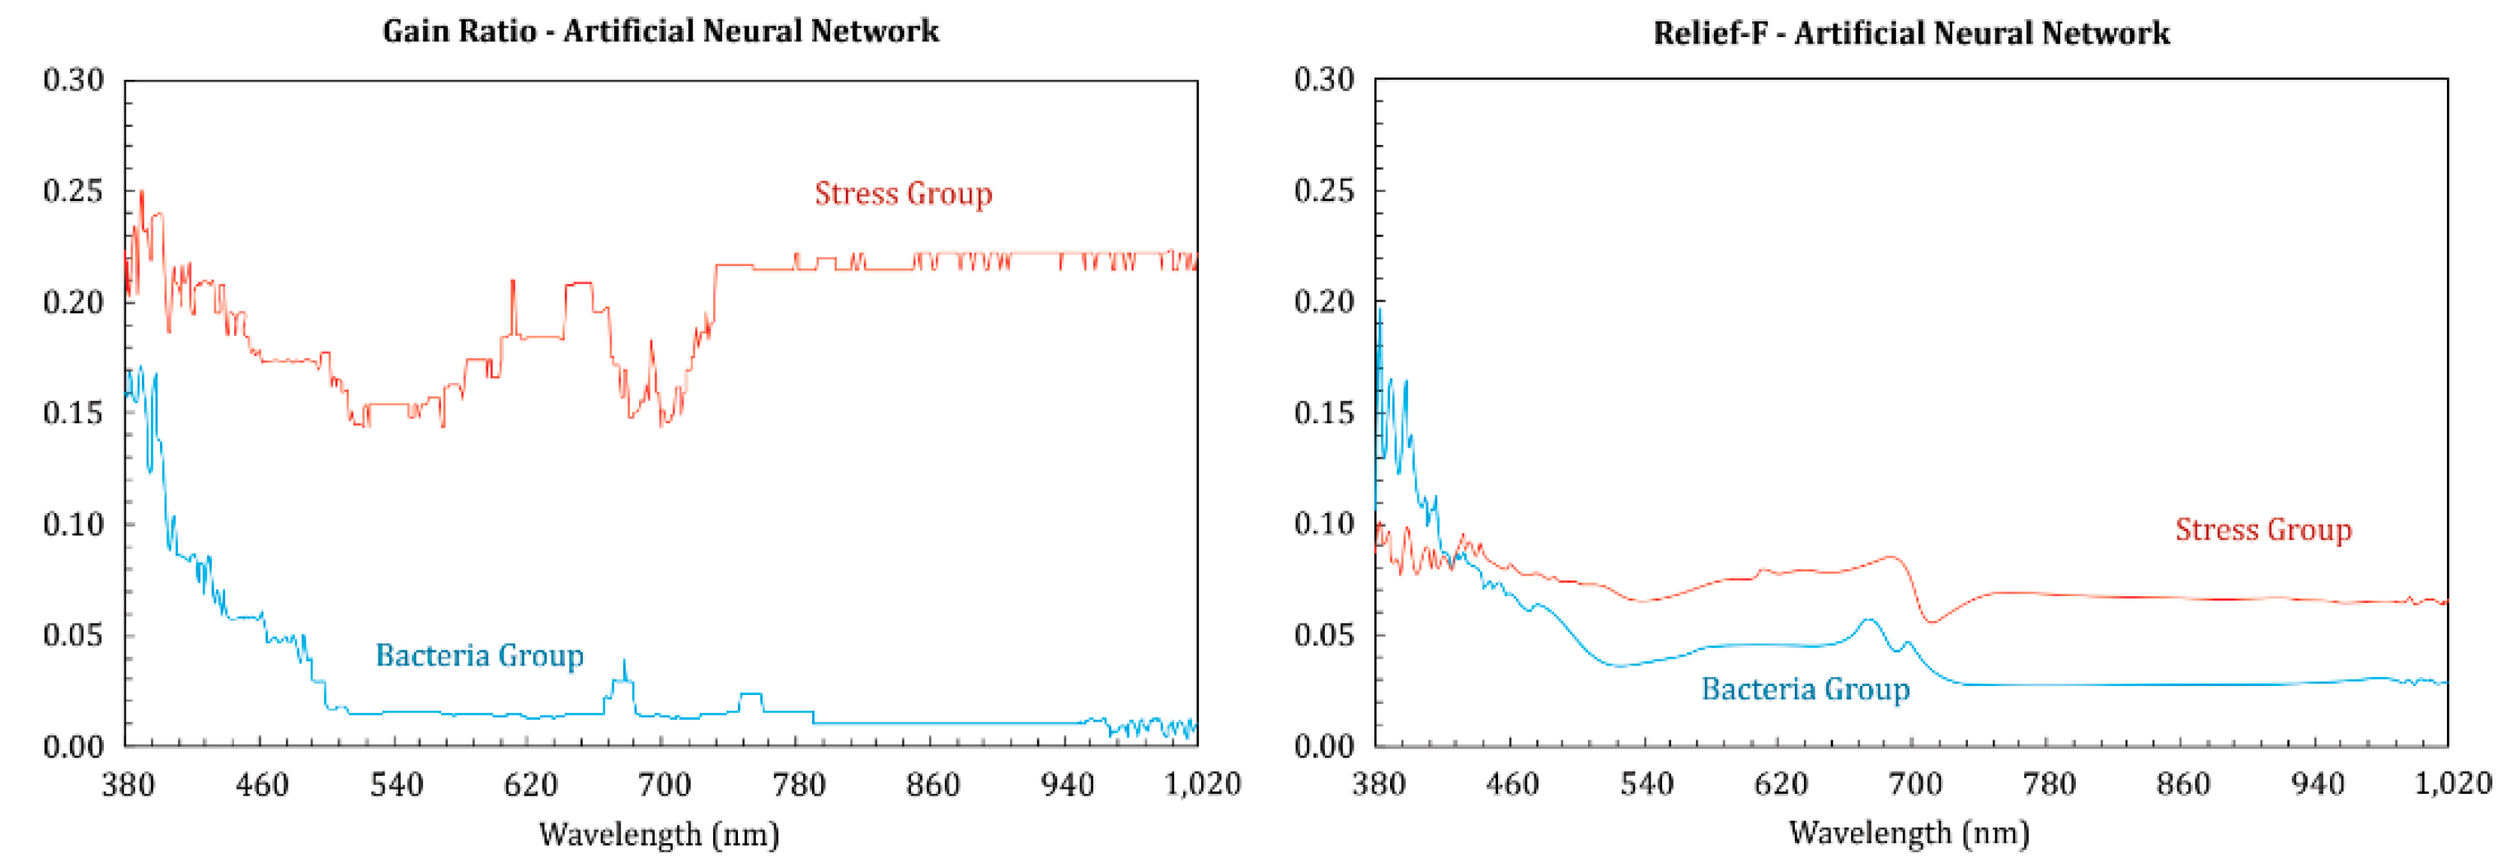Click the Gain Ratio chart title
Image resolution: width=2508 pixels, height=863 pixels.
point(660,31)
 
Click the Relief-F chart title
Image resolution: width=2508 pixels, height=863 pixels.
point(1910,33)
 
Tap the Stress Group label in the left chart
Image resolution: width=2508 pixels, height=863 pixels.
point(903,194)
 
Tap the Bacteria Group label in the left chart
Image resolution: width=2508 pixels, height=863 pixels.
point(479,655)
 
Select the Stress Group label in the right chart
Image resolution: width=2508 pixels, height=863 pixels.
point(2262,529)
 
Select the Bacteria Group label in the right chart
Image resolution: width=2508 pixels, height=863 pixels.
point(1805,689)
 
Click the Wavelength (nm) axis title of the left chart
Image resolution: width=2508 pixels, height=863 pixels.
point(659,834)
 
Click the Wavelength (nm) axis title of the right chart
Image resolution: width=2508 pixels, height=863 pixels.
point(1909,833)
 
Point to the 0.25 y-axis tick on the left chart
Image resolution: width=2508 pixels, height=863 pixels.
point(73,191)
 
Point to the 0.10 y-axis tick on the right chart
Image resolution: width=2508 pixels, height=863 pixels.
point(1323,525)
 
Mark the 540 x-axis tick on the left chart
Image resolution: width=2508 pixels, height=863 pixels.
point(397,784)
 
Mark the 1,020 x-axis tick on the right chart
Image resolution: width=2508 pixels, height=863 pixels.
point(2453,783)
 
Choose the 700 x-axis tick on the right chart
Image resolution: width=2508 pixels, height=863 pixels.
point(1915,783)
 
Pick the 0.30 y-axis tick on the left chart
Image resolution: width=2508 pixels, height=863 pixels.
point(73,80)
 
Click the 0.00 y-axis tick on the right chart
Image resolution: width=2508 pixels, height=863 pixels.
point(1323,746)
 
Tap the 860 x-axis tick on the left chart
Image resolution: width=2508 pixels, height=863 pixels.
point(932,784)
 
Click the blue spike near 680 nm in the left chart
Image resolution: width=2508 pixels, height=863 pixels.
point(624,665)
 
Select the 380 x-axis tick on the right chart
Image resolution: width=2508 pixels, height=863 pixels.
point(1378,783)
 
